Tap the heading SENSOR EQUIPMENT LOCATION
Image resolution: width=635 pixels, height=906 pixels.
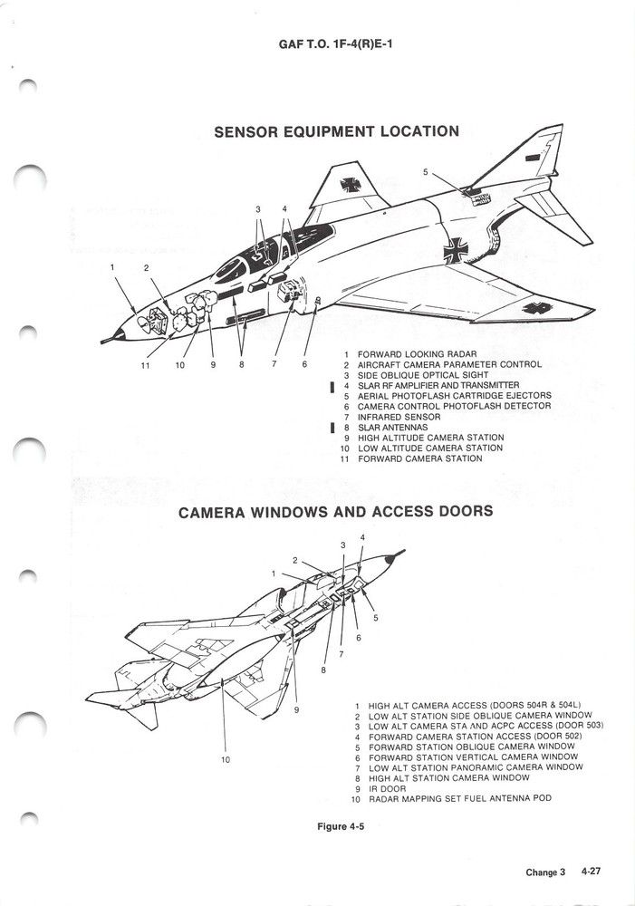[336, 131]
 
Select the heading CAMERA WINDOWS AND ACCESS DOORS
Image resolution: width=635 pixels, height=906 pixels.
[335, 512]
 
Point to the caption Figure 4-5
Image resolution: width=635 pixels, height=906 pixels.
[340, 826]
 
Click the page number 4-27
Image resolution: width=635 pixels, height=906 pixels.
[592, 872]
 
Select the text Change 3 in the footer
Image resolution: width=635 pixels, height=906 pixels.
[545, 872]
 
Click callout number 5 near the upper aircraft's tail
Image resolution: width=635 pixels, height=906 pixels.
[425, 172]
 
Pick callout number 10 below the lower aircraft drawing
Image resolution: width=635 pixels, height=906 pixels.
[225, 759]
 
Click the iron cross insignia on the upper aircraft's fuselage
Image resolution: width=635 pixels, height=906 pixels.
[457, 248]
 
